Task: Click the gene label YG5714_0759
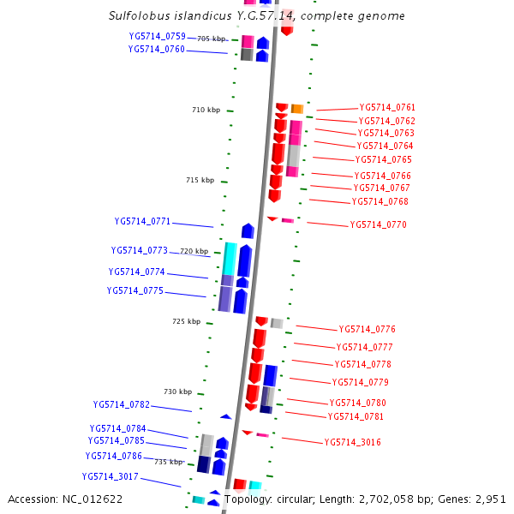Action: pos(157,36)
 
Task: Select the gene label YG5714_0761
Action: pos(387,107)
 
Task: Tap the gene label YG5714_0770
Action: pos(378,224)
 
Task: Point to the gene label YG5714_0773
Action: pos(139,251)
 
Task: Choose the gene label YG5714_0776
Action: pos(367,329)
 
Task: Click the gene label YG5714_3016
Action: pos(352,442)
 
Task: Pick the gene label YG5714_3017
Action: pos(111,476)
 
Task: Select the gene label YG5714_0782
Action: pos(122,404)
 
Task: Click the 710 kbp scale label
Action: pos(206,110)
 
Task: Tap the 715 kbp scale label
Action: pos(200,180)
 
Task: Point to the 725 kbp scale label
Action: pos(186,321)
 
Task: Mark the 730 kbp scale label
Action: pos(177,391)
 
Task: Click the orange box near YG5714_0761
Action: pos(297,109)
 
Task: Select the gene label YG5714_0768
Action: pos(380,202)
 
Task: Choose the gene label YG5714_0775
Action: pos(134,290)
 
